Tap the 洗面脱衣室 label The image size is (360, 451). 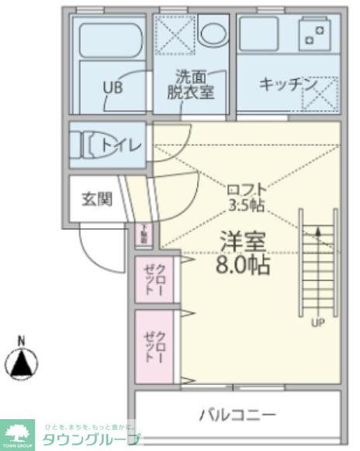(x=190, y=84)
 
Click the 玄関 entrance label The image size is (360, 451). (x=96, y=199)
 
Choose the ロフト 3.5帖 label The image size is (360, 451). (x=247, y=197)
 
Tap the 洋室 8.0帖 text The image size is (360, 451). (x=243, y=253)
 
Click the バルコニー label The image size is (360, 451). (x=237, y=415)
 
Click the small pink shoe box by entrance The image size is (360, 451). (x=144, y=232)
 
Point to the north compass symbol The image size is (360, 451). (x=22, y=363)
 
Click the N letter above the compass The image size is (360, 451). (x=22, y=340)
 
